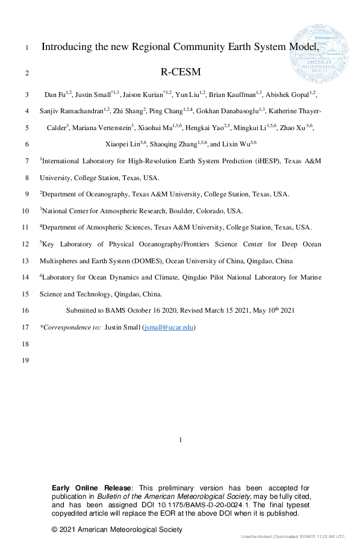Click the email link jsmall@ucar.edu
[x=169, y=327]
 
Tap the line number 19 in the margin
[x=25, y=360]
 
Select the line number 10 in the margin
[x=25, y=211]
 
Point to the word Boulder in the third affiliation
[x=175, y=211]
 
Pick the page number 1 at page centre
[x=181, y=440]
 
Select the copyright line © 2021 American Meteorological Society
[x=117, y=530]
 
